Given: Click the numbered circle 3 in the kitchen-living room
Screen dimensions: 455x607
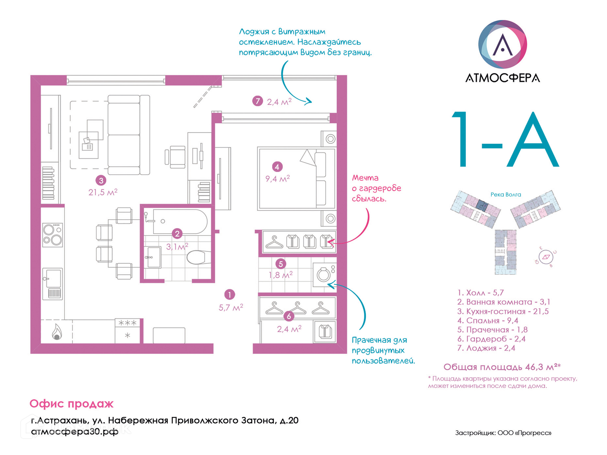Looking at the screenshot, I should click(x=101, y=180).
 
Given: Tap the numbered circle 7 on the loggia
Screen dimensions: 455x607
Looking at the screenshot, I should click(x=257, y=101).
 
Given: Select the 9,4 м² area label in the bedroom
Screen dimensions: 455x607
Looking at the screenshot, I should click(x=277, y=179).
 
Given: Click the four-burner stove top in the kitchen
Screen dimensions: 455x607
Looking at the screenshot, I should click(x=52, y=235).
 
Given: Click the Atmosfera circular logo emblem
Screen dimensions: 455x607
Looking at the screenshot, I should click(x=502, y=44).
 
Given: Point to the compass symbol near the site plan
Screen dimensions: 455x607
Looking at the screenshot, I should click(x=546, y=257).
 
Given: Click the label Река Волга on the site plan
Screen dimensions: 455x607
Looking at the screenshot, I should click(x=506, y=195).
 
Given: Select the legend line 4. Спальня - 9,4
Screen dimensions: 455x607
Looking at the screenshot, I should click(x=487, y=320).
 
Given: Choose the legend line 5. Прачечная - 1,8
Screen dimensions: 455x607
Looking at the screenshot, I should click(x=492, y=330).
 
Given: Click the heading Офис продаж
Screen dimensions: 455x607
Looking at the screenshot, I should click(x=71, y=403).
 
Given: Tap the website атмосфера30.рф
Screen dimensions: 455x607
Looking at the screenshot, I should click(x=75, y=431).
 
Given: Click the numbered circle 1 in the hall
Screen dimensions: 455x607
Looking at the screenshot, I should click(x=229, y=294).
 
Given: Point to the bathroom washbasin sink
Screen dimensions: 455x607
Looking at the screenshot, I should click(x=154, y=257).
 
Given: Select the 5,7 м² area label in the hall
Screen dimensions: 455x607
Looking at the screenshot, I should click(x=231, y=307).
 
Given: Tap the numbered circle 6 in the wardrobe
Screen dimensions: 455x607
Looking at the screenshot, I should click(x=288, y=316).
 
